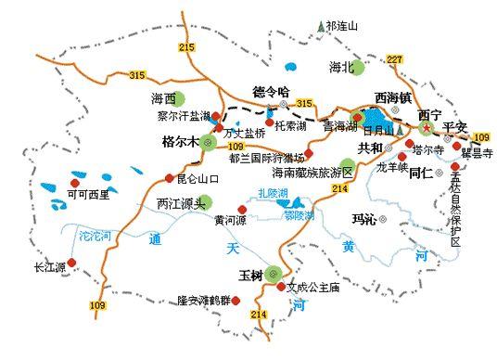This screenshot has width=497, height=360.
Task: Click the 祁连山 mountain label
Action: (339, 27)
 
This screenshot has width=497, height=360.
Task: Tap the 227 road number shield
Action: (395, 59)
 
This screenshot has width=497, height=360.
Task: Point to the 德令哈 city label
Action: (272, 91)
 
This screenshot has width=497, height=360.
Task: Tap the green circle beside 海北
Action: (358, 67)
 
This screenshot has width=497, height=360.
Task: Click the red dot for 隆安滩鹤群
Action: (239, 299)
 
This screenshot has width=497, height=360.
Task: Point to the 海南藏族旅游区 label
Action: (312, 173)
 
